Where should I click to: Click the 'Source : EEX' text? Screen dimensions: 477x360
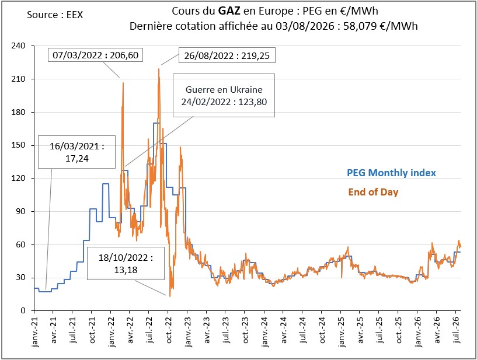pyautogui.click(x=55, y=15)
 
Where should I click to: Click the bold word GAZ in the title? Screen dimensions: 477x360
pyautogui.click(x=229, y=11)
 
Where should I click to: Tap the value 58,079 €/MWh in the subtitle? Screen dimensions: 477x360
pyautogui.click(x=380, y=26)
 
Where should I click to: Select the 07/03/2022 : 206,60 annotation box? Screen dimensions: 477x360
pyautogui.click(x=96, y=55)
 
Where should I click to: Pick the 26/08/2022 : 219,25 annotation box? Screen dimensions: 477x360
pyautogui.click(x=227, y=55)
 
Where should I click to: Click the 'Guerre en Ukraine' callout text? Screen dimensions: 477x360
pyautogui.click(x=224, y=90)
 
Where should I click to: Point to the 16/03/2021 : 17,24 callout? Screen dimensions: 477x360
pyautogui.click(x=76, y=152)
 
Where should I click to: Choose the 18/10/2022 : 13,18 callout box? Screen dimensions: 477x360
pyautogui.click(x=126, y=263)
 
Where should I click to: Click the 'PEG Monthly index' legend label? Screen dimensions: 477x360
pyautogui.click(x=392, y=173)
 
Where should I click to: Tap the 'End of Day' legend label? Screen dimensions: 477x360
pyautogui.click(x=373, y=192)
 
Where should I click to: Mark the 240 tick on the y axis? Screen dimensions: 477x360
pyautogui.click(x=18, y=46)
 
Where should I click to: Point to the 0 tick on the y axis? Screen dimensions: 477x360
pyautogui.click(x=23, y=311)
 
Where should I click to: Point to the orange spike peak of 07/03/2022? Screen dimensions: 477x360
pyautogui.click(x=123, y=82)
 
